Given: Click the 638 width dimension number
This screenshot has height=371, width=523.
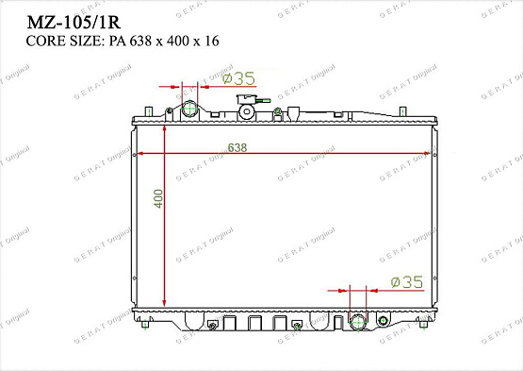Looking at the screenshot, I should [x=238, y=146].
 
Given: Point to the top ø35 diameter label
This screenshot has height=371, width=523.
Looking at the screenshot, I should [x=238, y=78].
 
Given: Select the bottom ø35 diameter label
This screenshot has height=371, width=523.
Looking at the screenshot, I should [x=406, y=281].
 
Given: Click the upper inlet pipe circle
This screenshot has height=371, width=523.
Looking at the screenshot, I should [x=190, y=110].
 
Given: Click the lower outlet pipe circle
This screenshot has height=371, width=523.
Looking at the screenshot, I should [x=357, y=323].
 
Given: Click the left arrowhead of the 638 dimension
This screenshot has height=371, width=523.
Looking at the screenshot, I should [x=140, y=153].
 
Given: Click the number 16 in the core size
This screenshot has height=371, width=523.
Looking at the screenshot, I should [x=212, y=41].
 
